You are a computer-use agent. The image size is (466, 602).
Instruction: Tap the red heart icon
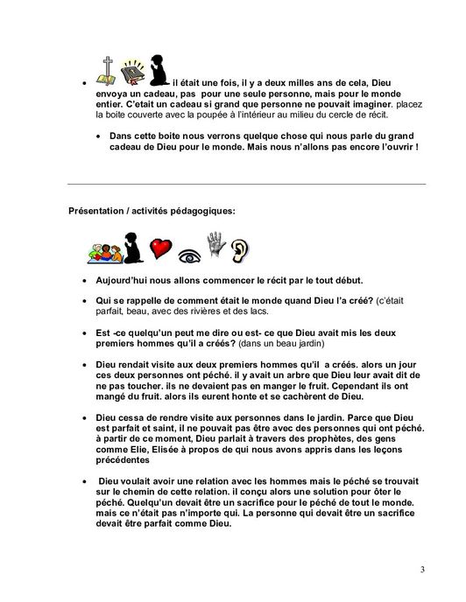tap(159, 251)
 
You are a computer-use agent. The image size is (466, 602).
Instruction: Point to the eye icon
tap(187, 255)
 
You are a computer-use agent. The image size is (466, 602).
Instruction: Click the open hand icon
tap(215, 246)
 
